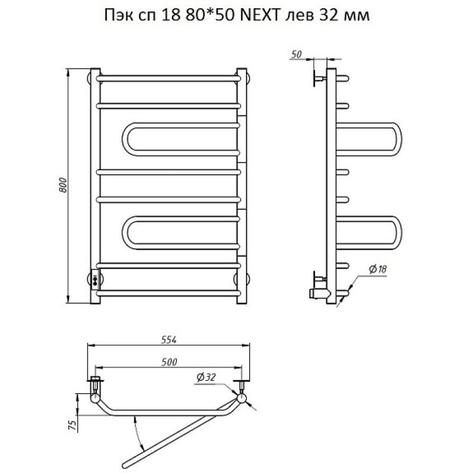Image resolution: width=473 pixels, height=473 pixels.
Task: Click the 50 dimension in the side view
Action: [297, 54]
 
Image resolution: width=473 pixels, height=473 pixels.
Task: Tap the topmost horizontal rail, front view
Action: [169, 77]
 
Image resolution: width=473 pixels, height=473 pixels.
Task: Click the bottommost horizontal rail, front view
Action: [169, 293]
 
